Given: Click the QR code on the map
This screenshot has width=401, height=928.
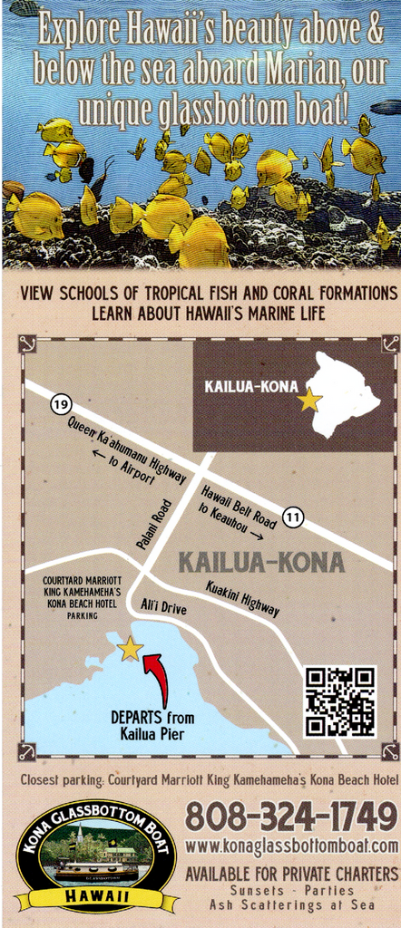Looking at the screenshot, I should pyautogui.click(x=339, y=701).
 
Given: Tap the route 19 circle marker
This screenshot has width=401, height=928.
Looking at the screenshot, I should pyautogui.click(x=61, y=404).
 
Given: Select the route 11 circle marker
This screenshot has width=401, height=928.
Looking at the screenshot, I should pyautogui.click(x=292, y=517).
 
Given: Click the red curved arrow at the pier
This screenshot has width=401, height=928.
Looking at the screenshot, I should pyautogui.click(x=158, y=679).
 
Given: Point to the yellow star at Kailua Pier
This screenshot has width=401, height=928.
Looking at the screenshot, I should pyautogui.click(x=131, y=648).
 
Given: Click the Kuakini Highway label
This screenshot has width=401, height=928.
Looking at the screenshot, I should pyautogui.click(x=242, y=598).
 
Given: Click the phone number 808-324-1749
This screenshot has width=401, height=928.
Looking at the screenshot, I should pyautogui.click(x=291, y=817).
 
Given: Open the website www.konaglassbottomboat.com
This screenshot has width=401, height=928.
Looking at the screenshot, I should pyautogui.click(x=291, y=846).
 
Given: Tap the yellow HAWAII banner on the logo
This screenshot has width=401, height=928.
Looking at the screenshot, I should pyautogui.click(x=96, y=896).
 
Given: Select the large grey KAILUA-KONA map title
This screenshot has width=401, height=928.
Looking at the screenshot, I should pyautogui.click(x=261, y=563).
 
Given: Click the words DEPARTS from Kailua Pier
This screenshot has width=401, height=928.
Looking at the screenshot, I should pyautogui.click(x=152, y=725).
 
